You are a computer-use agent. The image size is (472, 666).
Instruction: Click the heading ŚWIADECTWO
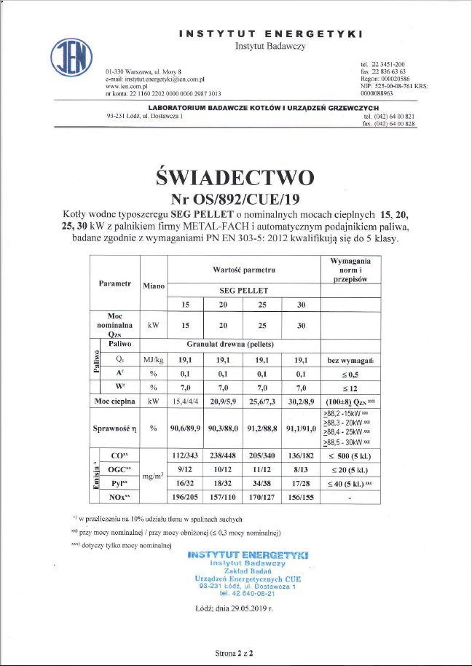click(x=235, y=178)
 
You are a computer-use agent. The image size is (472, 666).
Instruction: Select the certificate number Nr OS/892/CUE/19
click(x=235, y=198)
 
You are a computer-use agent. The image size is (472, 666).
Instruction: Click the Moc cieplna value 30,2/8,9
click(x=302, y=401)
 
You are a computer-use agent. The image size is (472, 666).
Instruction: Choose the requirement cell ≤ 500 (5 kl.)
click(x=350, y=456)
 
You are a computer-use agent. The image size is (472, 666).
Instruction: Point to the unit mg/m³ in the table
click(x=154, y=477)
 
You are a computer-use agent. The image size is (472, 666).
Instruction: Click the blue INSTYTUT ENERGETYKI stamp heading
click(x=247, y=555)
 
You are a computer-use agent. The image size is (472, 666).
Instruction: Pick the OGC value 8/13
click(x=302, y=470)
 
